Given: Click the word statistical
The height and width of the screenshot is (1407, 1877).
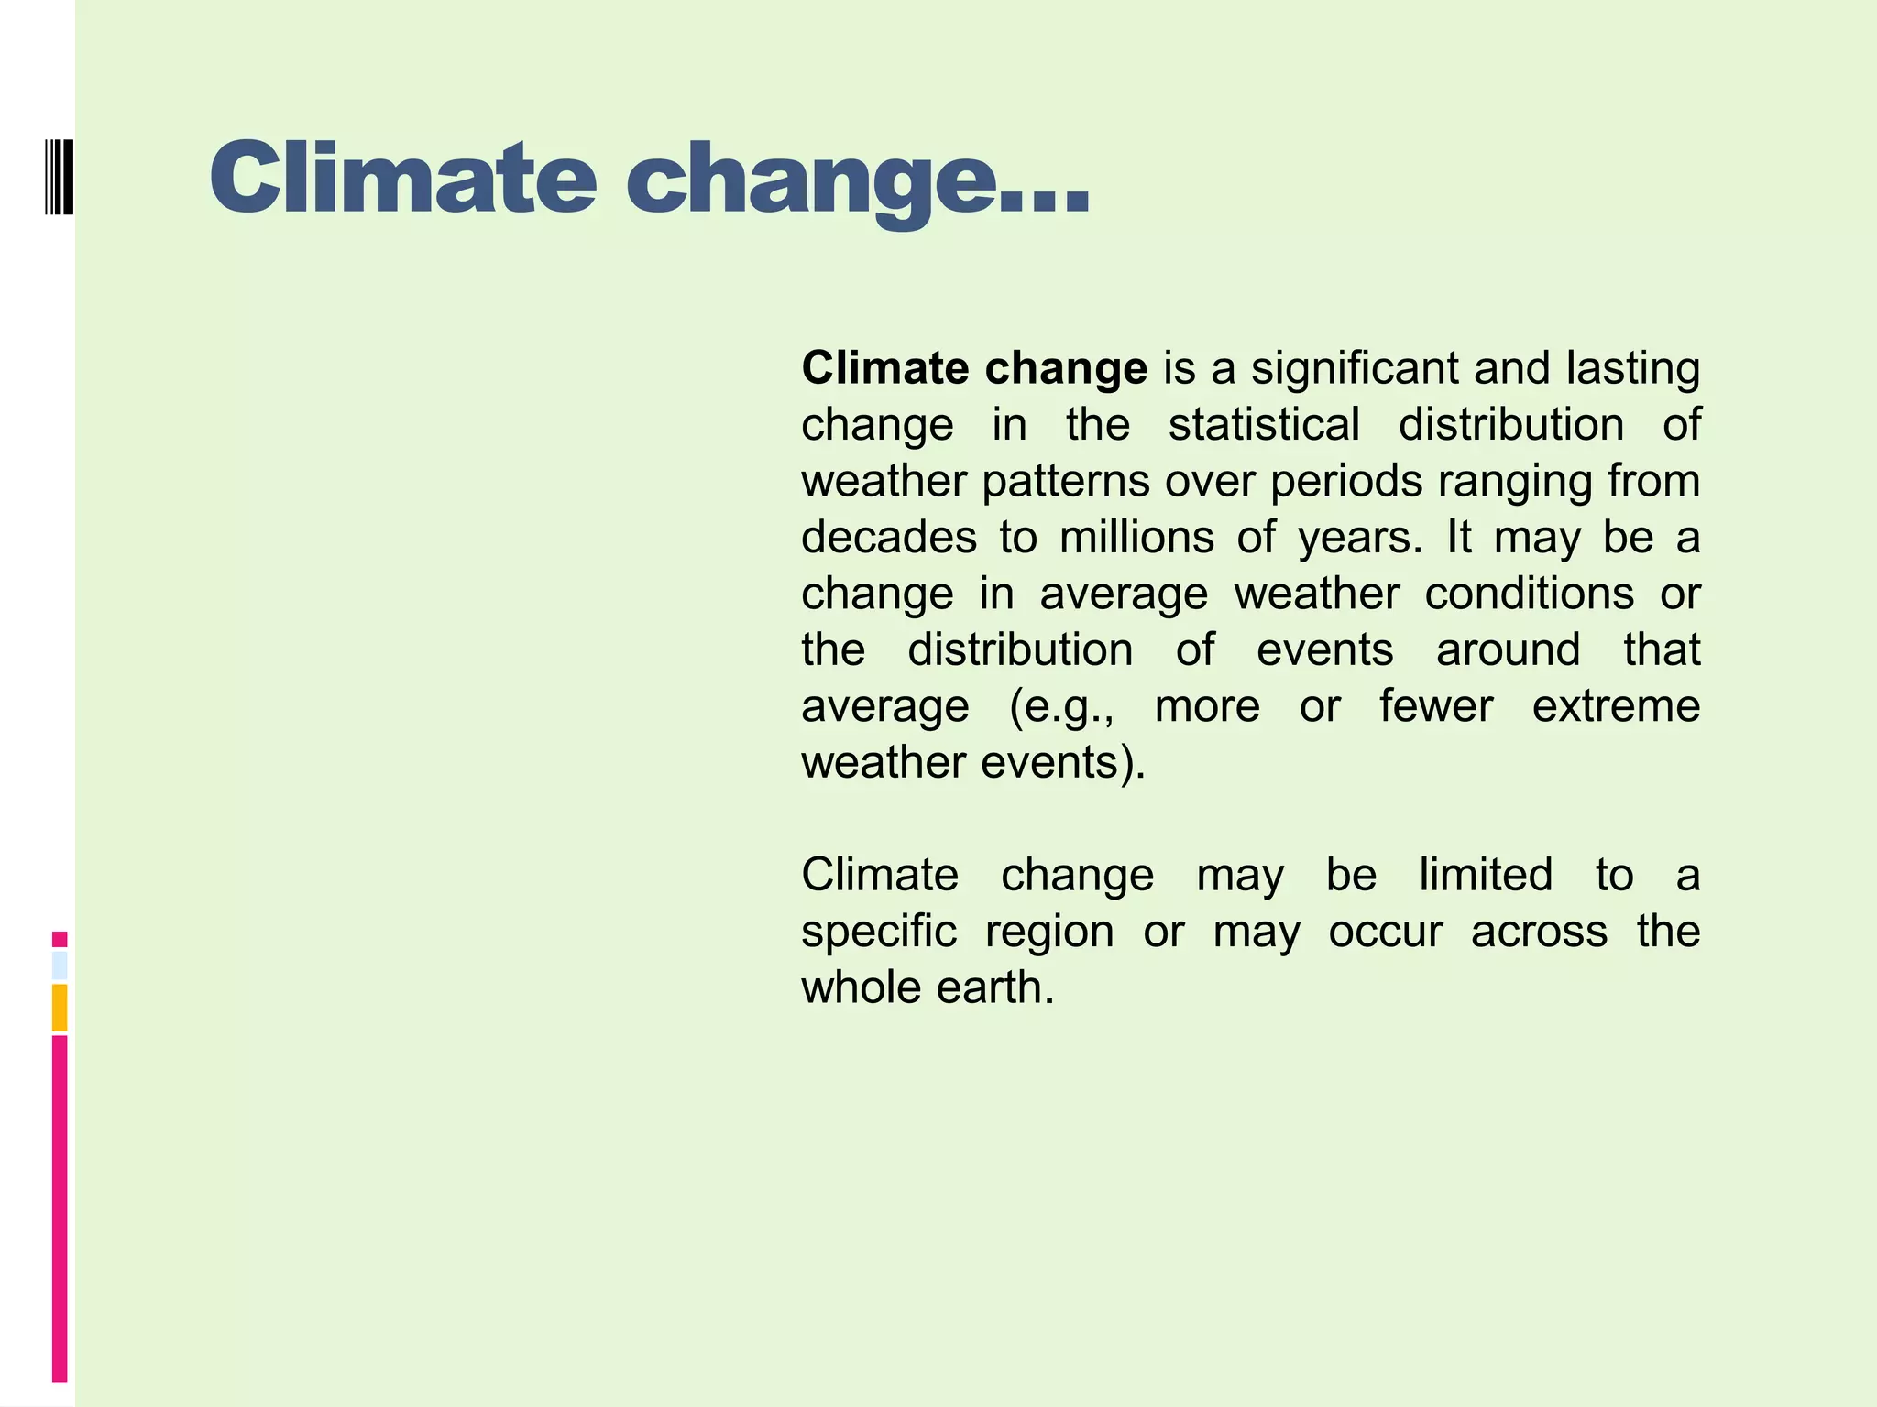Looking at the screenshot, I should click(x=1264, y=425).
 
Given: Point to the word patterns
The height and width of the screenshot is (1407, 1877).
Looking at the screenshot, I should click(x=1065, y=481).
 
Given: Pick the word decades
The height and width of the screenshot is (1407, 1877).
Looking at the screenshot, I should click(x=889, y=537).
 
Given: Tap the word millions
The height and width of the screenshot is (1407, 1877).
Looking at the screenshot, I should click(x=1136, y=537).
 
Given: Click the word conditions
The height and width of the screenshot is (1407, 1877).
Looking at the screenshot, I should click(x=1529, y=594).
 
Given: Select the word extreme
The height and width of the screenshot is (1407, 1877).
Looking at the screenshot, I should click(x=1616, y=706).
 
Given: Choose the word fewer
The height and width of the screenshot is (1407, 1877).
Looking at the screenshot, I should click(x=1436, y=706).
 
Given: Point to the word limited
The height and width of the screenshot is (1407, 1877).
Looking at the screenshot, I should click(x=1486, y=875).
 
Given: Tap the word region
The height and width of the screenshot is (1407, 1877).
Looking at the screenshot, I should click(x=1049, y=933).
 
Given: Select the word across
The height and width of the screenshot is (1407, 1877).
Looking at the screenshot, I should click(x=1539, y=932).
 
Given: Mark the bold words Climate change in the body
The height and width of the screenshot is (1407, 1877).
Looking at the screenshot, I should click(x=974, y=368).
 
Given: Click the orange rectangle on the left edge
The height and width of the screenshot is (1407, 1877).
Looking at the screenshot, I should click(x=60, y=1007).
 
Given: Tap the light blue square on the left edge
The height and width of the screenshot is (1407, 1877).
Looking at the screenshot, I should click(x=60, y=965).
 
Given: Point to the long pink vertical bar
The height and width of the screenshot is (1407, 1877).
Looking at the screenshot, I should click(x=60, y=1207).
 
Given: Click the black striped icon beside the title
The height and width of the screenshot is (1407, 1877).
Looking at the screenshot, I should click(x=59, y=177).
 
